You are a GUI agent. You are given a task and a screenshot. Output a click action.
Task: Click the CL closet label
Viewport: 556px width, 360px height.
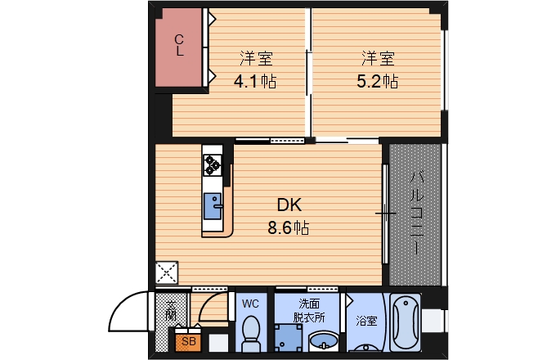[x=179, y=45]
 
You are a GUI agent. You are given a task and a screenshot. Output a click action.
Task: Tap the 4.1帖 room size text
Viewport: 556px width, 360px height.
[x=255, y=82]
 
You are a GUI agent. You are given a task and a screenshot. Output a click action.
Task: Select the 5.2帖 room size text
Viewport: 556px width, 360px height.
[x=377, y=82]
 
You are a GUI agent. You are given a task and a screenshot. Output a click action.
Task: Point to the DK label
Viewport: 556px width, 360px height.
[x=289, y=205]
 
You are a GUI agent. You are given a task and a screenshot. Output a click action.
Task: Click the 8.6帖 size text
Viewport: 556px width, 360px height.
[x=289, y=227]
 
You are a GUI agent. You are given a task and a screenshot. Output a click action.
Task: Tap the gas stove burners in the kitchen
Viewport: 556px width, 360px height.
[x=213, y=165]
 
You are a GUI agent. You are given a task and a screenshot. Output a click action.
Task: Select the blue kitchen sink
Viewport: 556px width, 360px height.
[x=213, y=205]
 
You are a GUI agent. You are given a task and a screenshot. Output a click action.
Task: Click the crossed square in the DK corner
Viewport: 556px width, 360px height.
[x=167, y=272]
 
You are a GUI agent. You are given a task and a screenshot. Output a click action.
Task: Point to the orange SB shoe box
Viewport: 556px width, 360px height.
[x=188, y=341]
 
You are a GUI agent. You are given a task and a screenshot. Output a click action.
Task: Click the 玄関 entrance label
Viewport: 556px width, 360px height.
[x=171, y=311]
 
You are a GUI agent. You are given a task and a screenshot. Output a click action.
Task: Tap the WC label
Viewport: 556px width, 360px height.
[x=250, y=304]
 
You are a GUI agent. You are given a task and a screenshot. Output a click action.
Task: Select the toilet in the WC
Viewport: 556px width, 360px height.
[x=251, y=333]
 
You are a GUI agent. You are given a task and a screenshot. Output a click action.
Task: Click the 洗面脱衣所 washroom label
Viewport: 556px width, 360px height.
[x=309, y=310]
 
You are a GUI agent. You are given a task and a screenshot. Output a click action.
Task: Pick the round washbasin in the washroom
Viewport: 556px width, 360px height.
[x=324, y=341]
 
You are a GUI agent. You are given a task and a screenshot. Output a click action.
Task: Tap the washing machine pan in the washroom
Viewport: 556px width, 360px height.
[x=289, y=337]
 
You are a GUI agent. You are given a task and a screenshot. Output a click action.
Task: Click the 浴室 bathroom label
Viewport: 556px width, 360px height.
[x=366, y=321]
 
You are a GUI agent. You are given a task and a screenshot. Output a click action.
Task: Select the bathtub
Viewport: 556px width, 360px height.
[x=406, y=322]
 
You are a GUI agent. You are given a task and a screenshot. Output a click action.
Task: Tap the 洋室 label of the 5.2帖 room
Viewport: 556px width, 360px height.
[x=378, y=59]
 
